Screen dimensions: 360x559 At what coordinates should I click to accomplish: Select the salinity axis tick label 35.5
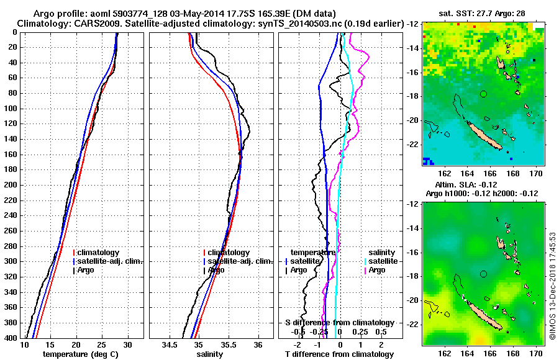click(x=228, y=344)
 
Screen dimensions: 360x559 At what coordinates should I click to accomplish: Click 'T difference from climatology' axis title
click(x=339, y=354)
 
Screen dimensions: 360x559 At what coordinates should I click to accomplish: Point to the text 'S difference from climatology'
click(x=339, y=323)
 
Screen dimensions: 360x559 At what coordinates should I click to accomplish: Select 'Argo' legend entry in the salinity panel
click(x=216, y=270)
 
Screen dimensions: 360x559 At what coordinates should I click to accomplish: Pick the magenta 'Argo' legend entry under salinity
click(x=377, y=270)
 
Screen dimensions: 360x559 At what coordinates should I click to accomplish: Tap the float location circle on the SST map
click(x=484, y=94)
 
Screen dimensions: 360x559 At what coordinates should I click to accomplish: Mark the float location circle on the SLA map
click(x=484, y=274)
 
